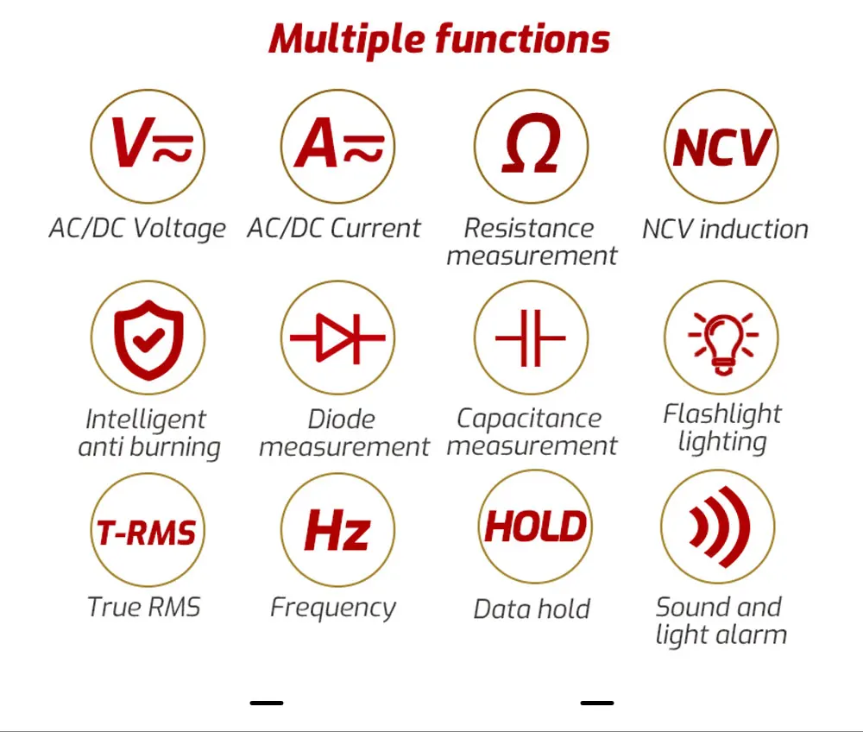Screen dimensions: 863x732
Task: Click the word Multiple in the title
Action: (347, 40)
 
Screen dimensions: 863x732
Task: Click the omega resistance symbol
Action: (531, 143)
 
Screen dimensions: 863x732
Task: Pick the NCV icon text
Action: (721, 147)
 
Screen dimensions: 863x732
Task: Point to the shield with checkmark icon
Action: (148, 339)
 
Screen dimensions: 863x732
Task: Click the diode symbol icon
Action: (337, 338)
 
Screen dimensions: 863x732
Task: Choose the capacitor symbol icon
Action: (531, 338)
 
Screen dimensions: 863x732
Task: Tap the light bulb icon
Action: (722, 343)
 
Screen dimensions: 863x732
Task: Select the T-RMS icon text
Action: (147, 533)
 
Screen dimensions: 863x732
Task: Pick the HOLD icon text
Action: (535, 527)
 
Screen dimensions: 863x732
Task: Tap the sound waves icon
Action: (720, 527)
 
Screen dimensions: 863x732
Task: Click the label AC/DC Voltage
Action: (137, 229)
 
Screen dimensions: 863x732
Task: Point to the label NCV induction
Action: (726, 229)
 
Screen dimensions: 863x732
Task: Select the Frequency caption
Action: (333, 609)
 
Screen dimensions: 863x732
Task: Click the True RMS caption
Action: (143, 607)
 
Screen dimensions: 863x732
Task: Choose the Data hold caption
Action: (532, 609)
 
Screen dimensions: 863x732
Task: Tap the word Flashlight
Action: (722, 413)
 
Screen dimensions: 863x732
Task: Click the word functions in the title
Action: (522, 40)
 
